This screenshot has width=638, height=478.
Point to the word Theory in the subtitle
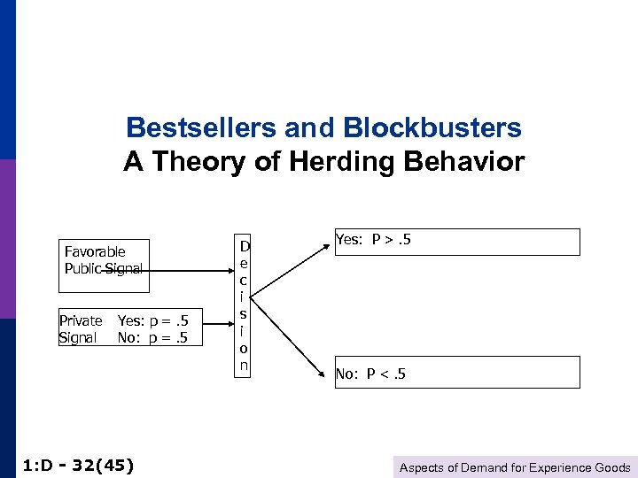coord(195,163)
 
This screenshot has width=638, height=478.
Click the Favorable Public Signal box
coord(104,266)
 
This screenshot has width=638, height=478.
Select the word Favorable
coord(95,252)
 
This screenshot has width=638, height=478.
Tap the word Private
coord(80,320)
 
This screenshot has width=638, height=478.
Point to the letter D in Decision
coord(245,245)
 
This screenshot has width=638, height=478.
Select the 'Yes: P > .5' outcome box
coord(456,242)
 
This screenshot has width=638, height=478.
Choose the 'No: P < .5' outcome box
coord(456,372)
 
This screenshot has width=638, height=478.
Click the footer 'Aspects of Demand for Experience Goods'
coord(515,467)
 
